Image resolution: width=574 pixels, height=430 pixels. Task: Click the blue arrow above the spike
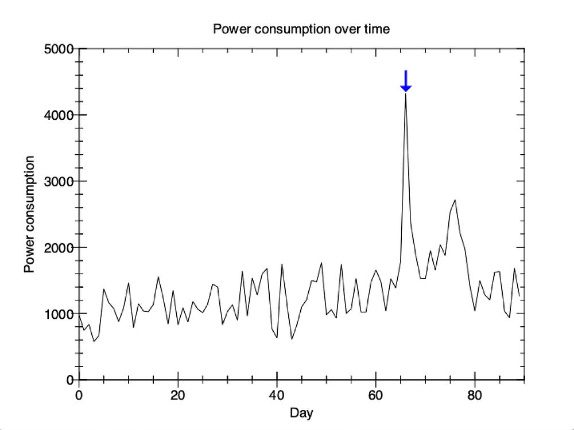tap(406, 81)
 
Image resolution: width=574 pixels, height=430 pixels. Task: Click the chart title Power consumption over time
tap(301, 29)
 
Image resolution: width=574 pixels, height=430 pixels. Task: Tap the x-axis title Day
tap(301, 413)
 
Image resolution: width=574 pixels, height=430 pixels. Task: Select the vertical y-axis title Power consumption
tap(29, 214)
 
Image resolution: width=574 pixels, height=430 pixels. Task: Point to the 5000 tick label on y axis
tap(59, 49)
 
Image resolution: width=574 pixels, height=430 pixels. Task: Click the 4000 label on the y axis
tap(59, 115)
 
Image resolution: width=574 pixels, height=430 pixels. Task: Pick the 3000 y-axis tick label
tap(59, 181)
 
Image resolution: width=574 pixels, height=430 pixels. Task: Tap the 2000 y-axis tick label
tap(59, 248)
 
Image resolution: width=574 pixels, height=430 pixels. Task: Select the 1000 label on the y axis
tap(59, 314)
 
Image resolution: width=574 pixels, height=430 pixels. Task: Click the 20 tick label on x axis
tap(177, 395)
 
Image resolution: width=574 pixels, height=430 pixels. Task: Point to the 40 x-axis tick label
tap(277, 395)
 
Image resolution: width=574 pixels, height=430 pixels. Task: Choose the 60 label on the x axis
tap(375, 395)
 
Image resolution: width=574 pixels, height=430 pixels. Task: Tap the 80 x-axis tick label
tap(475, 395)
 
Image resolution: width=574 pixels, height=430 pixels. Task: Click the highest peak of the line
tap(406, 94)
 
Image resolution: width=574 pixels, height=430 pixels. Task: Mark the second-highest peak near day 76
tap(455, 200)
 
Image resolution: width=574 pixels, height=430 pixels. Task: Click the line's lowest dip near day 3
tap(94, 342)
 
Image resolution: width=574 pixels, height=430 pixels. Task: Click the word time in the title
tap(377, 29)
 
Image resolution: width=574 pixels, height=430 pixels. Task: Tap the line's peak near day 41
tap(282, 264)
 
